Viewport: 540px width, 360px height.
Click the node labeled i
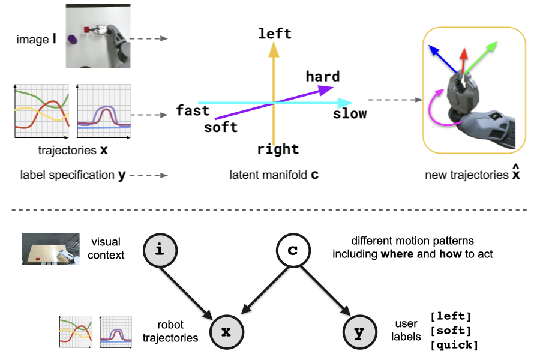159,250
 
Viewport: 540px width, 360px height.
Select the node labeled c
292,250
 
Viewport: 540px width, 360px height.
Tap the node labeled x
226,331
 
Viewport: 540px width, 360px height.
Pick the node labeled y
359,331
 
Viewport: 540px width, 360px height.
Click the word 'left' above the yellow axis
275,34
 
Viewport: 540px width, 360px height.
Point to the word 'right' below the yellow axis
278,149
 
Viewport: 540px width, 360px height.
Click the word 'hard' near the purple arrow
323,77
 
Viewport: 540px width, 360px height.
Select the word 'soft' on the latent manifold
221,127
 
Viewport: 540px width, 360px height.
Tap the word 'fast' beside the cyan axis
193,110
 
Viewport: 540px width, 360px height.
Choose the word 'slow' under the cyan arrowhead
350,113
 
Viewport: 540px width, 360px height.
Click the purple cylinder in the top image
73,40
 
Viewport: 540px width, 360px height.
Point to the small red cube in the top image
87,29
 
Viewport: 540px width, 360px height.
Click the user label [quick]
454,345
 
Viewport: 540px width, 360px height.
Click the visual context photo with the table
51,249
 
